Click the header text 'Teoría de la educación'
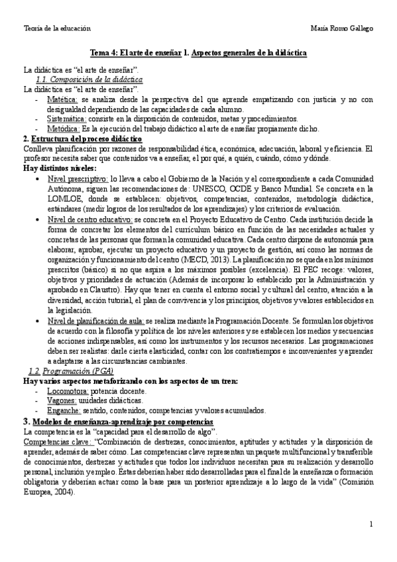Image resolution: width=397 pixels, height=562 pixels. click(x=56, y=29)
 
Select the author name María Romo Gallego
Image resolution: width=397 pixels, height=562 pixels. click(x=341, y=29)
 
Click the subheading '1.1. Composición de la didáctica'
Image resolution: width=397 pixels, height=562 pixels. click(x=82, y=78)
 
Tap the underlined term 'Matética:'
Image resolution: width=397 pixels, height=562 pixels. click(x=64, y=99)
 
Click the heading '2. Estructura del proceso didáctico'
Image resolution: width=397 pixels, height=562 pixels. click(x=82, y=139)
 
